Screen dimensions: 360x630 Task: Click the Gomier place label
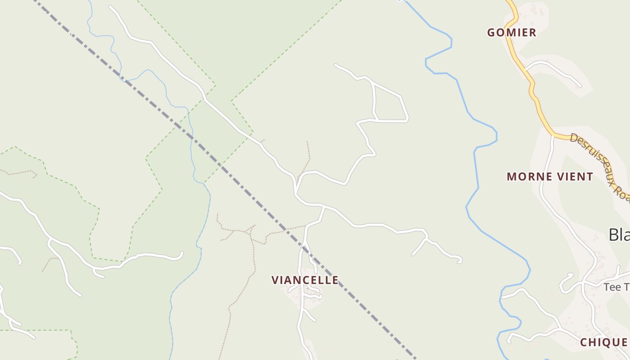tap(512, 32)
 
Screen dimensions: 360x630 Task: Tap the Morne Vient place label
tap(550, 176)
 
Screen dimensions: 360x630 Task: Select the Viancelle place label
tap(305, 280)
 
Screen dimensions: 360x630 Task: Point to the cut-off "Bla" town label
tap(619, 234)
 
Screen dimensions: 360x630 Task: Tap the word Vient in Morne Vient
tap(576, 176)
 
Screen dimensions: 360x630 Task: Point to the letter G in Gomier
tap(492, 32)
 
